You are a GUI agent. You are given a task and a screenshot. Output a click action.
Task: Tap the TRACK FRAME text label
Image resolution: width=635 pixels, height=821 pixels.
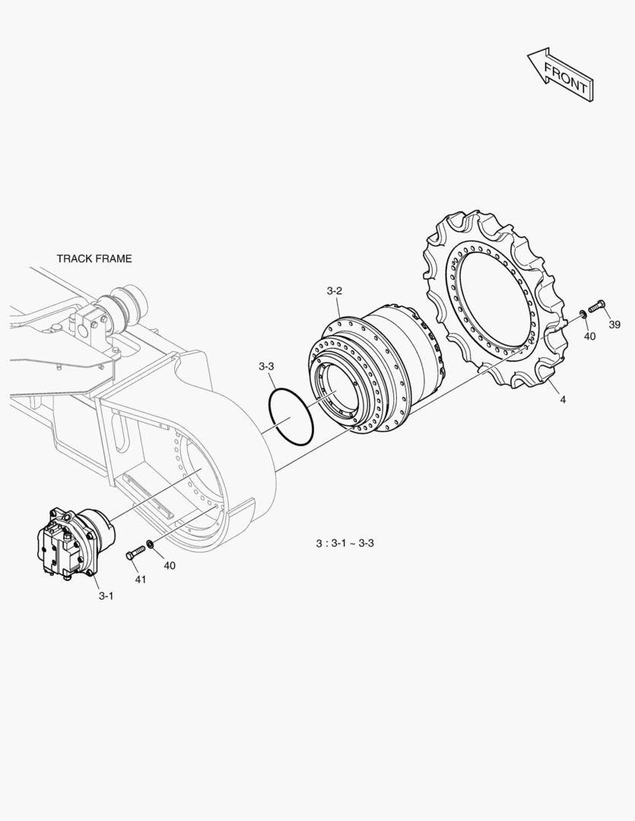(x=94, y=258)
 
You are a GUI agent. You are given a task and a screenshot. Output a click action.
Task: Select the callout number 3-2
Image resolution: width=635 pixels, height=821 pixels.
(x=335, y=291)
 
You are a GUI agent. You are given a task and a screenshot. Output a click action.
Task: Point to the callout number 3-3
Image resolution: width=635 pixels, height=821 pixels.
(x=266, y=366)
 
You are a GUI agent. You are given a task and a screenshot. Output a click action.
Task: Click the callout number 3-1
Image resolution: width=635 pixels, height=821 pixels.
(x=106, y=596)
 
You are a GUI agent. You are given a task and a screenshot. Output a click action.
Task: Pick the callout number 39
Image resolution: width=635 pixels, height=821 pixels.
(x=614, y=325)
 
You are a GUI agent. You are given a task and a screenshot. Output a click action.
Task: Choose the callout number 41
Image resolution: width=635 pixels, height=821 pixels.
(x=141, y=579)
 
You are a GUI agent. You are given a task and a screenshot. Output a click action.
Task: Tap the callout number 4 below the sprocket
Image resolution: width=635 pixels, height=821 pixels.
(x=563, y=400)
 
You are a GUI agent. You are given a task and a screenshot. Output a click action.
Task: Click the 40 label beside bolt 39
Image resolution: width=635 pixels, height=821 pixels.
(x=589, y=336)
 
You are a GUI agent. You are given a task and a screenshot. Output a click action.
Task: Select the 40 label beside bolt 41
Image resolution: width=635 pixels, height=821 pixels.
(x=170, y=566)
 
